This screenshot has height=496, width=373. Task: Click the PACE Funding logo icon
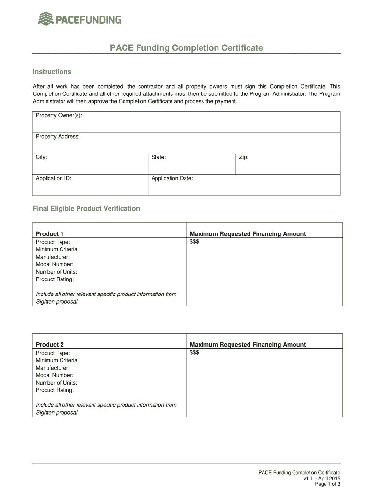tap(46, 19)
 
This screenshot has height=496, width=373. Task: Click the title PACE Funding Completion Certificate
tap(186, 48)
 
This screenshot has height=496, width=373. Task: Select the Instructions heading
tap(52, 72)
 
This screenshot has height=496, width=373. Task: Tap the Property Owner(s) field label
tap(59, 115)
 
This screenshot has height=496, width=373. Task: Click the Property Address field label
tap(58, 137)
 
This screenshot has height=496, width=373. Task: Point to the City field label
tap(41, 157)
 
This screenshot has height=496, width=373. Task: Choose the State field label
tap(158, 157)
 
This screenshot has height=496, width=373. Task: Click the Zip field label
tap(244, 157)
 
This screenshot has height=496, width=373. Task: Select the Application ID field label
tap(53, 178)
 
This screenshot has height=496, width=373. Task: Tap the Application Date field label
tap(172, 178)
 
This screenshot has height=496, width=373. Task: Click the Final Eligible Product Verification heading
tap(86, 209)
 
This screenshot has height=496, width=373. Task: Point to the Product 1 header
tap(49, 234)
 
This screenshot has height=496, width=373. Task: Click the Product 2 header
tap(49, 345)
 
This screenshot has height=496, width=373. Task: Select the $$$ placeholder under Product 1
tap(194, 242)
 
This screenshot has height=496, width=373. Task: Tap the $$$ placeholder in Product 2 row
tap(194, 353)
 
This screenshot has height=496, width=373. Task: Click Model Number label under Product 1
tap(54, 264)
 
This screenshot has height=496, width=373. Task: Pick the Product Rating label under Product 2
tap(55, 390)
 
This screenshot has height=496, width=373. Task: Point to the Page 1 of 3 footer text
tap(327, 484)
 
